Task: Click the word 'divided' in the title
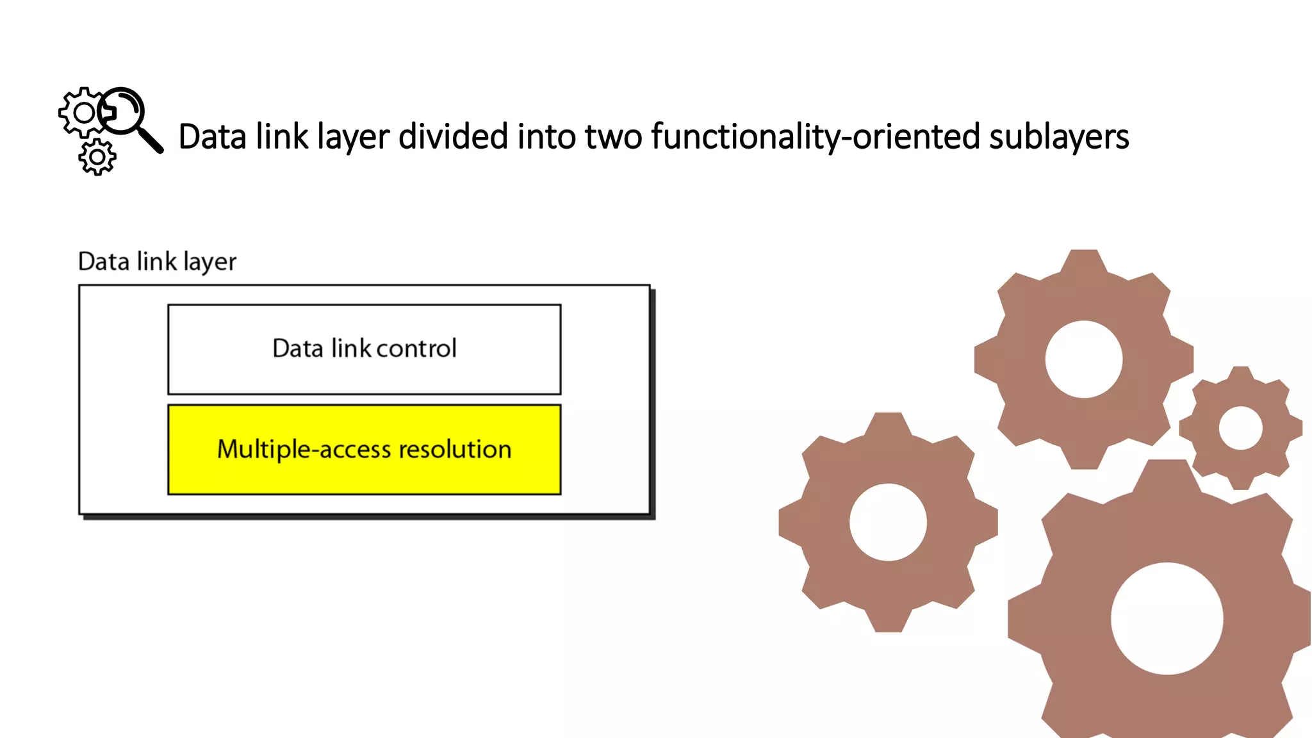pos(453,136)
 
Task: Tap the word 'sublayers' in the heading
pos(1058,137)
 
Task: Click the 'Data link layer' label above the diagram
pos(157,261)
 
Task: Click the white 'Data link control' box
pos(364,378)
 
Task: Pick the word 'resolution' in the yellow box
pos(455,449)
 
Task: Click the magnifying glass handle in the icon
pos(151,140)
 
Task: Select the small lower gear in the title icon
pos(97,157)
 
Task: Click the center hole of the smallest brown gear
pos(1240,428)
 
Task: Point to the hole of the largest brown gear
pos(1167,618)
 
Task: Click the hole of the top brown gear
pos(1083,359)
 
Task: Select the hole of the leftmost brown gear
pos(888,522)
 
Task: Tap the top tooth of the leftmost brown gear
pos(888,423)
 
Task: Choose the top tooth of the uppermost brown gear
pos(1083,260)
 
